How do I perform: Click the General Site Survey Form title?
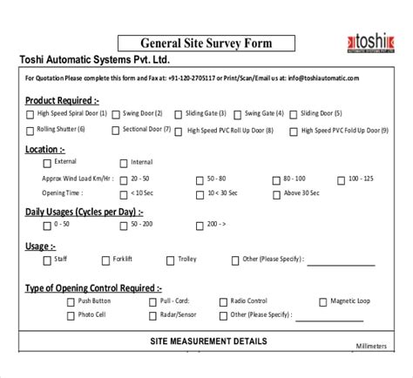tap(206, 43)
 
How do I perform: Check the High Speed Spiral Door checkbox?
tap(31, 113)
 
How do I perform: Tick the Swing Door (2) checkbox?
tap(118, 113)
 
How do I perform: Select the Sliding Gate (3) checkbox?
tap(178, 113)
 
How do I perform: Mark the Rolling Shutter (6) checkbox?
tap(30, 130)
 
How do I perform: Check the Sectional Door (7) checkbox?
tap(116, 130)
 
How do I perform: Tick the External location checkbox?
tap(48, 163)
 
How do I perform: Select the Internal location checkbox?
tap(123, 163)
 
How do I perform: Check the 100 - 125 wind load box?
tap(340, 178)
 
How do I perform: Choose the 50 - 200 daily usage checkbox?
tap(123, 224)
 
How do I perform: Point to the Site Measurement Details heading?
tap(209, 341)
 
